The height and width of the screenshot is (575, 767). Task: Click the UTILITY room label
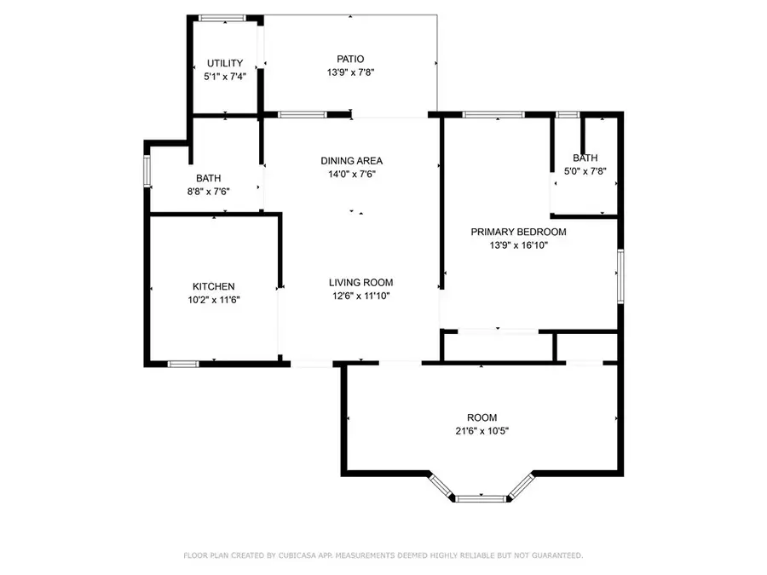(225, 63)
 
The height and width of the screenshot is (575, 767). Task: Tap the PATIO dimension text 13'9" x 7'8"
(350, 72)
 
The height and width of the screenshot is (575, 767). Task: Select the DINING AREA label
(351, 161)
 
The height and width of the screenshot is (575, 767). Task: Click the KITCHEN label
(213, 287)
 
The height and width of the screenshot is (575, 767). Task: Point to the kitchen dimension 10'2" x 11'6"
(213, 300)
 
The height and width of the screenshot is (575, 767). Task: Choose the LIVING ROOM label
(361, 283)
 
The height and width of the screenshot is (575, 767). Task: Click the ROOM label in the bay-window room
(482, 417)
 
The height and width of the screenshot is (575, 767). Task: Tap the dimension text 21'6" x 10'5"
(482, 431)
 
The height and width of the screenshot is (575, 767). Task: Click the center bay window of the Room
(482, 497)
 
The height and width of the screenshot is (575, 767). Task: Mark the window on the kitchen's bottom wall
(182, 364)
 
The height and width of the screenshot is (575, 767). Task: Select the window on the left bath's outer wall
(147, 170)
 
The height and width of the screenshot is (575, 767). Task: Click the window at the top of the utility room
(222, 17)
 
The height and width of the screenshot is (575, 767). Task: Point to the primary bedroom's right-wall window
(620, 274)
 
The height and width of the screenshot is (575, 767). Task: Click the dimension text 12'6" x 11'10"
(361, 296)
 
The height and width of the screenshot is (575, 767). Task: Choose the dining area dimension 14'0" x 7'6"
(351, 174)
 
